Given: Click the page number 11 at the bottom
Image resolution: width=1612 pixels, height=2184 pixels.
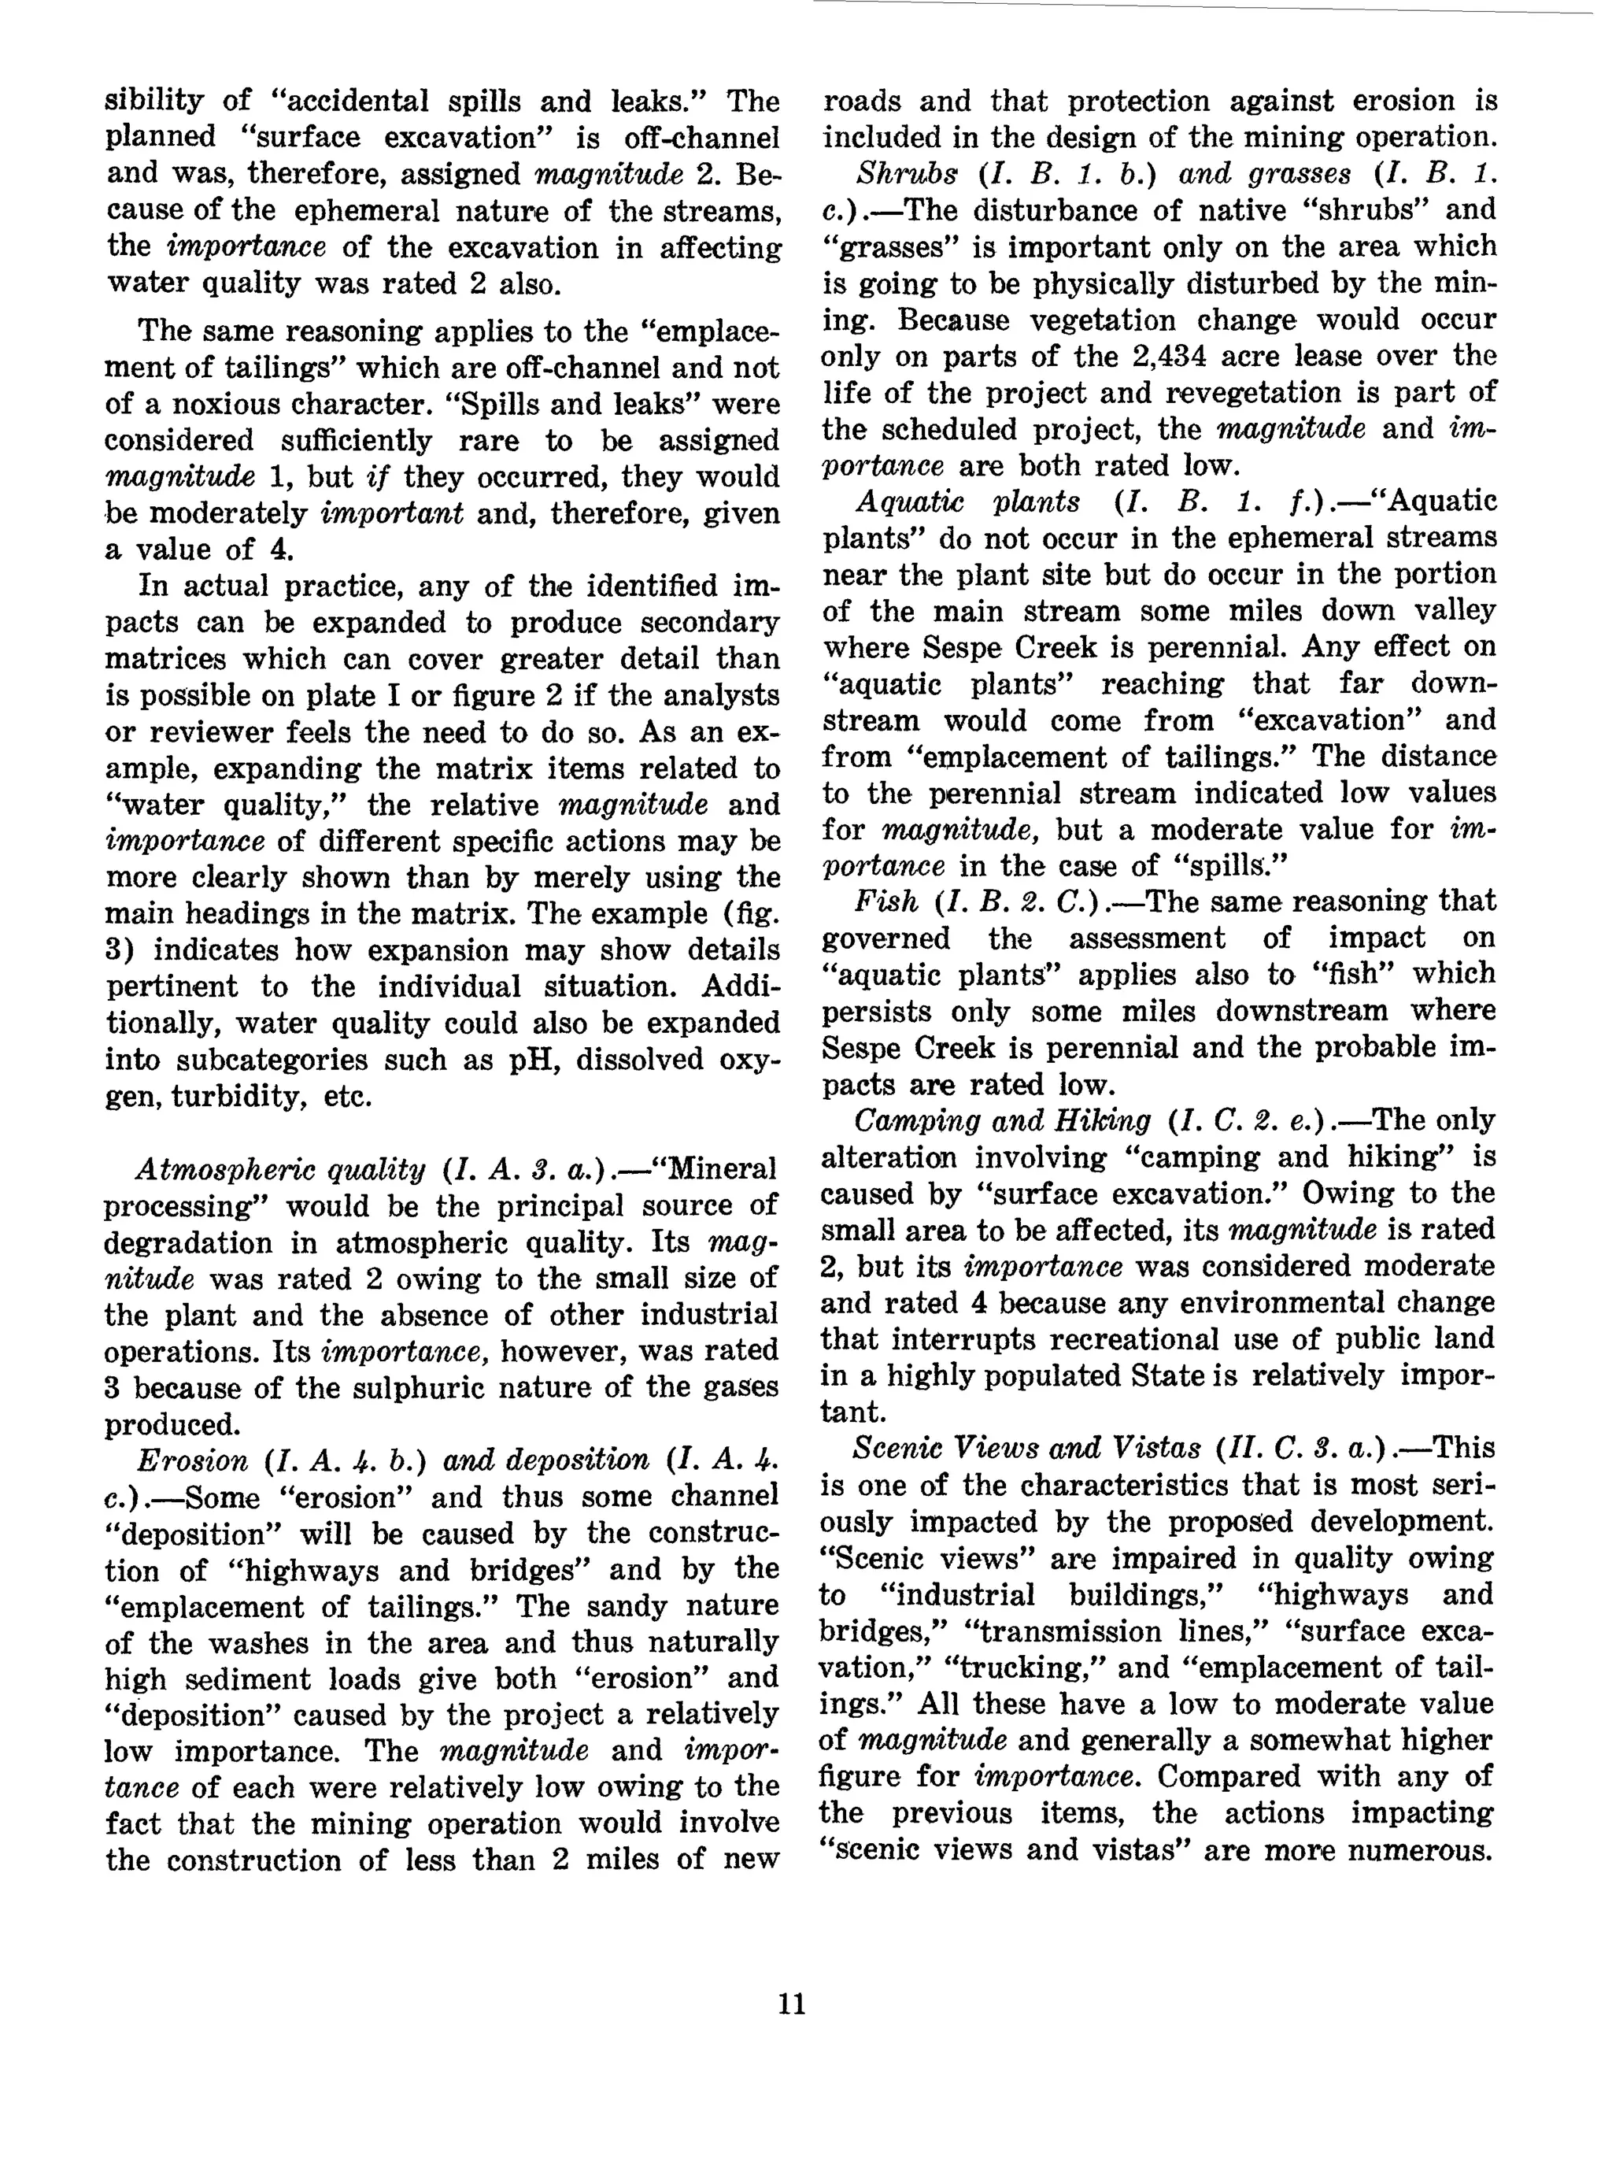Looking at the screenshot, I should (793, 2004).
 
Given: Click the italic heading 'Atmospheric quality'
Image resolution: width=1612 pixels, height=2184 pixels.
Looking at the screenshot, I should (281, 1169).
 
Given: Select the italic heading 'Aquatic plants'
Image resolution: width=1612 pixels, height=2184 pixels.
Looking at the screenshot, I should (968, 502).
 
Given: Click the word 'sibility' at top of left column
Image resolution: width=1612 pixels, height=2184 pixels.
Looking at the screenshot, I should (154, 101).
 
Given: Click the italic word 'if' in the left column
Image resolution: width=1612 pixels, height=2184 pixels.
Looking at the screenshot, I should (378, 477).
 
